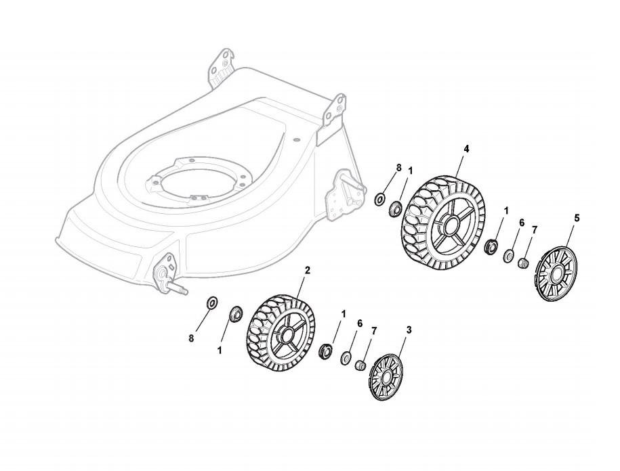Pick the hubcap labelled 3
click(388, 376)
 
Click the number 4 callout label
click(466, 148)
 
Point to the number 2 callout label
click(308, 269)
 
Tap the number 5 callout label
click(577, 217)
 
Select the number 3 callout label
click(409, 330)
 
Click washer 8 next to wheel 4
click(380, 200)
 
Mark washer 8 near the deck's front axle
click(212, 301)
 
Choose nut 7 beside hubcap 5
click(523, 262)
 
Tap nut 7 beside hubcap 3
click(361, 365)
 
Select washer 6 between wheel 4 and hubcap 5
click(508, 256)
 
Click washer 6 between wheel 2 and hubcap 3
click(346, 358)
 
